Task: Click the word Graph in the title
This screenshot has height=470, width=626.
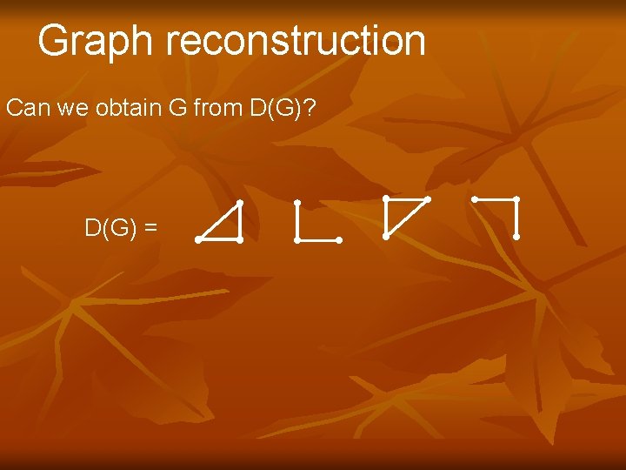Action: tap(95, 41)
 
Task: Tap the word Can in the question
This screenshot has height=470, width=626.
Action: tap(26, 109)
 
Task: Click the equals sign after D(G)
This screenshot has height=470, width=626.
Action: tap(151, 229)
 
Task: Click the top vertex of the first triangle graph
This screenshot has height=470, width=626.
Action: tap(239, 203)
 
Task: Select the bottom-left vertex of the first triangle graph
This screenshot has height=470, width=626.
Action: tap(199, 239)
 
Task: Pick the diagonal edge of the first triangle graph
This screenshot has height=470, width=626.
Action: tap(219, 221)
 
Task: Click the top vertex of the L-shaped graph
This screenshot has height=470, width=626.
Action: tap(297, 203)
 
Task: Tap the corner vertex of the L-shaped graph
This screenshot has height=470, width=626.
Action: tap(297, 239)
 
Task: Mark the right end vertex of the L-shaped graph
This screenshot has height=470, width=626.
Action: tap(338, 239)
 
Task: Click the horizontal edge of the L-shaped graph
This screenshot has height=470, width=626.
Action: tap(318, 239)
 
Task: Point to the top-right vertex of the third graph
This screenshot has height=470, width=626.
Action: tap(428, 199)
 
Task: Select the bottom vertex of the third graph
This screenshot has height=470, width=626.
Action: tap(386, 236)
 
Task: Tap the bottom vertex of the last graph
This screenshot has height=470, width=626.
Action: tap(516, 236)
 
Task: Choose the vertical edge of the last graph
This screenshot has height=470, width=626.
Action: tap(516, 218)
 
